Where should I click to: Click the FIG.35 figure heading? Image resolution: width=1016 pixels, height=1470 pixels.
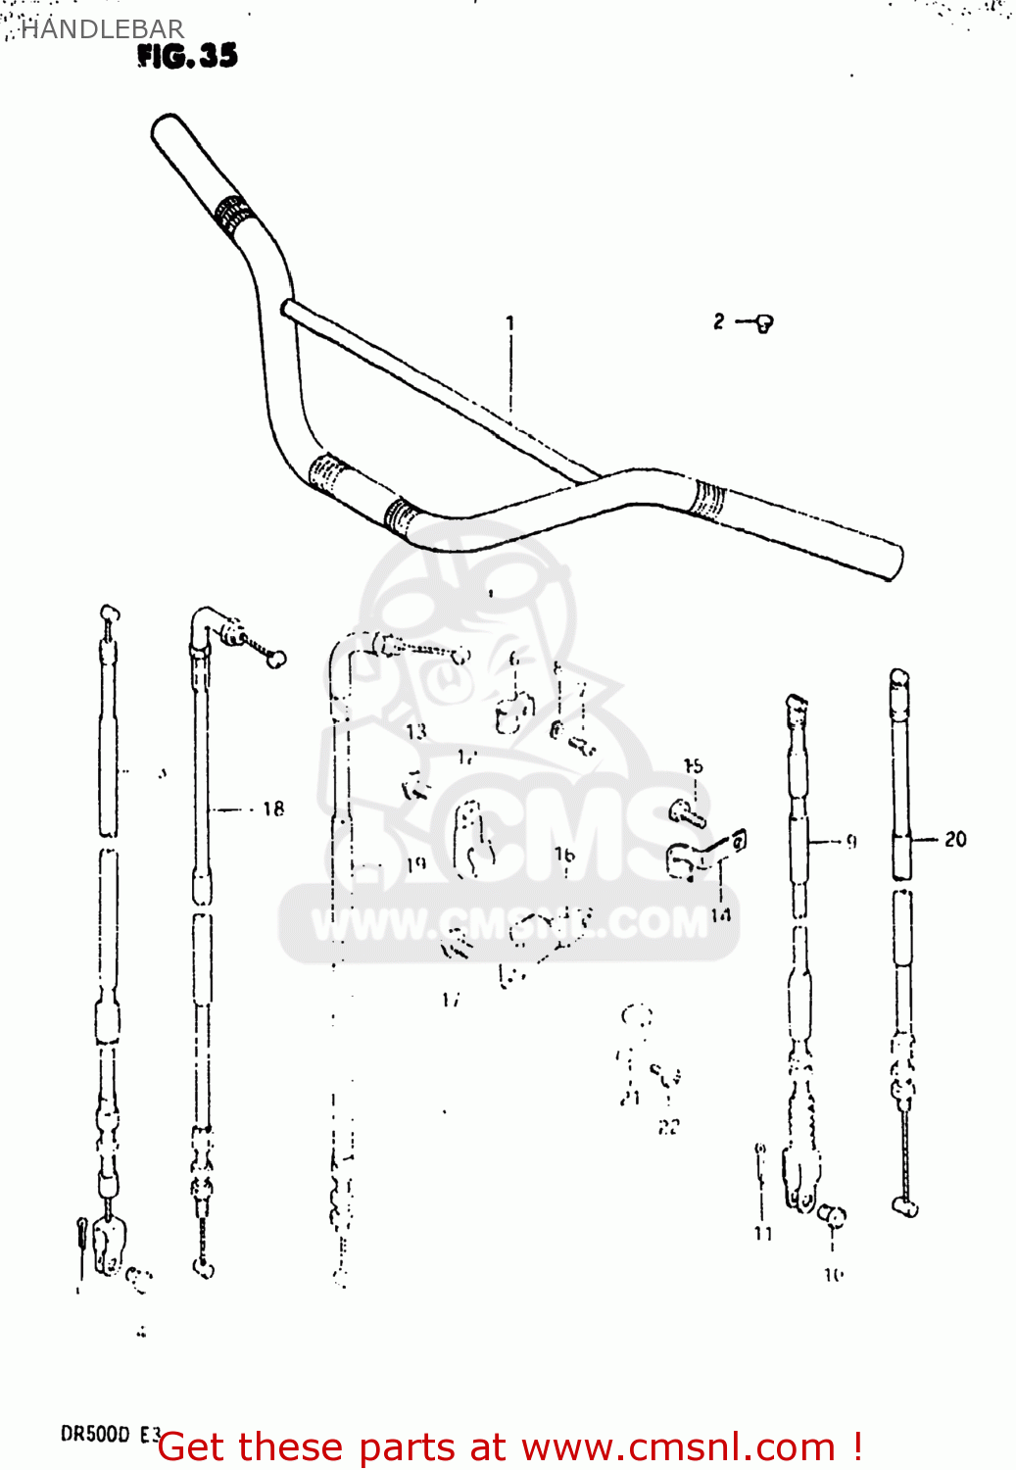pos(187,56)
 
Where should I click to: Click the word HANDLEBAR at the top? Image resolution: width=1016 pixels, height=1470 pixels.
pos(102,29)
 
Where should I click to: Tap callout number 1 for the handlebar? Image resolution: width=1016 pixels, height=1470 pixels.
pos(509,322)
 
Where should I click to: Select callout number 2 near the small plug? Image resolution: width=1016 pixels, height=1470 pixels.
pos(719,321)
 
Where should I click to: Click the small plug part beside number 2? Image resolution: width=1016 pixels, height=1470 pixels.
pos(763,322)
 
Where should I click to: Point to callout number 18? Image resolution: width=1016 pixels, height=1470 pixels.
pos(272,808)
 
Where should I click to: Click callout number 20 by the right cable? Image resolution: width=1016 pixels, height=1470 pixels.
pos(954,839)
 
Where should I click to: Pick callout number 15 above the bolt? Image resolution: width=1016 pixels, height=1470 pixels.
pos(693,766)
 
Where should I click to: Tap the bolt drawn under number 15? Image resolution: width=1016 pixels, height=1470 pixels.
pos(688,813)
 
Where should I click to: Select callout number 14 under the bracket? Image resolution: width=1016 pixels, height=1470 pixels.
pos(720,914)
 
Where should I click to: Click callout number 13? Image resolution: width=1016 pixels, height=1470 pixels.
pos(416,730)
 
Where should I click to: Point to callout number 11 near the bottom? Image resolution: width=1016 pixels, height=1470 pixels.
pos(763,1233)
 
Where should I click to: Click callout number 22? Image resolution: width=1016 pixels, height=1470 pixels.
pos(668,1127)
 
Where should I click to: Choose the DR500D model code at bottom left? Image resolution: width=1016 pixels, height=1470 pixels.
pos(96,1434)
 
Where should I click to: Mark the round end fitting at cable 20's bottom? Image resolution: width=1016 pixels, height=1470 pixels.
pos(905,1205)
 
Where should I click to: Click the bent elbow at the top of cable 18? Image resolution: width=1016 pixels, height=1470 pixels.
pos(203,622)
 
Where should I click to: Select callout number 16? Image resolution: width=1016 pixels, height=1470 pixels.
pos(564,855)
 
